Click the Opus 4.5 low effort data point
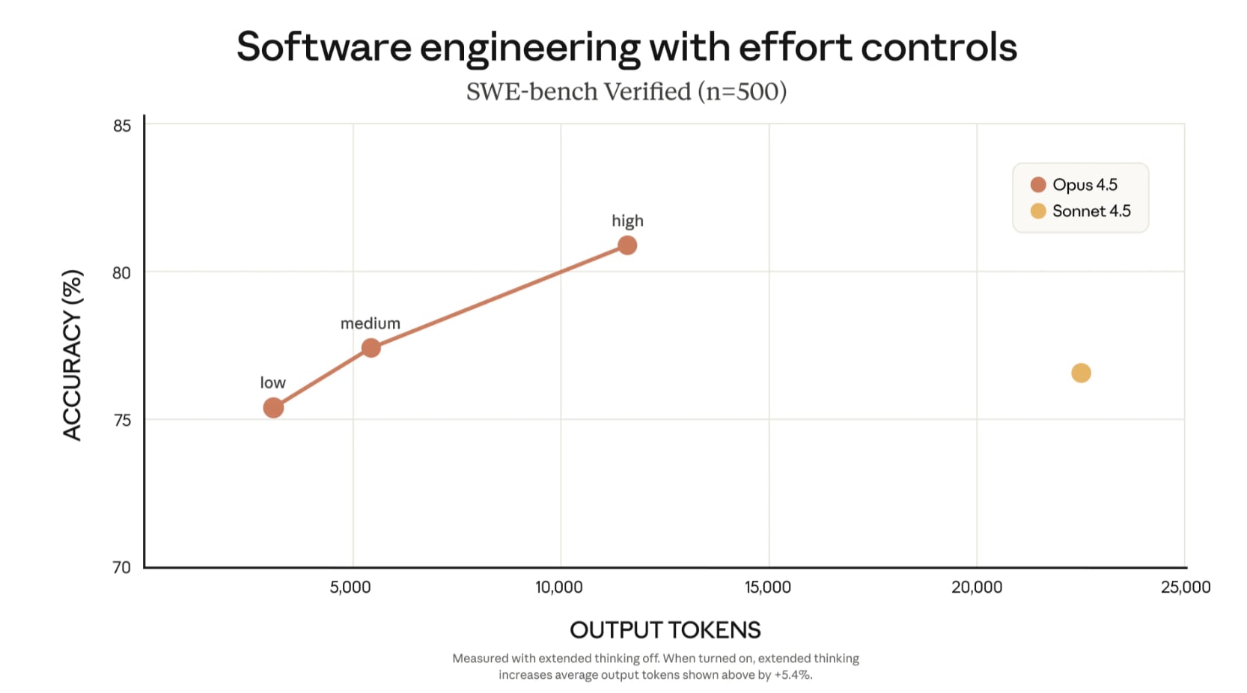tap(273, 408)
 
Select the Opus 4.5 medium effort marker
tap(371, 348)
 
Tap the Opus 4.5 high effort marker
tap(627, 245)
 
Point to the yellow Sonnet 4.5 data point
tap(1081, 373)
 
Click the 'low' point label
tap(272, 382)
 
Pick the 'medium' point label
tap(370, 323)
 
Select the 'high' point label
tap(627, 221)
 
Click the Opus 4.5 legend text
tap(1085, 185)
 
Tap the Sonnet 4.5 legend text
tap(1091, 211)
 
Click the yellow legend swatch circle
tap(1037, 211)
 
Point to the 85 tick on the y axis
tap(122, 126)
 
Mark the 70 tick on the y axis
tap(121, 567)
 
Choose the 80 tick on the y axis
tap(121, 273)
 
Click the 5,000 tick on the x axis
tap(350, 587)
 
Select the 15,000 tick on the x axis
tap(767, 587)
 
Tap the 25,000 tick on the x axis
tap(1186, 587)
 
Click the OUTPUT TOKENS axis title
tap(665, 630)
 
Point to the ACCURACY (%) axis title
tap(72, 355)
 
